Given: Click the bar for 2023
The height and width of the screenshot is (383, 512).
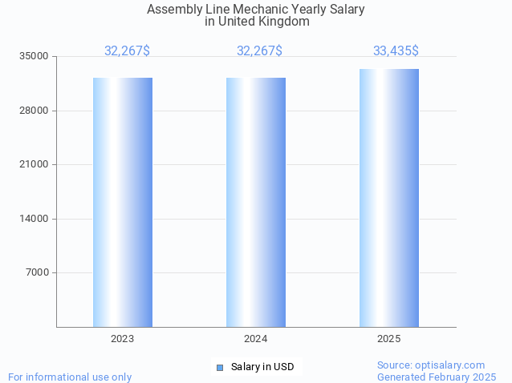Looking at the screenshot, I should point(123,202).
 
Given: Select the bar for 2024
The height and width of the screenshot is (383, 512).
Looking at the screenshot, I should point(256,202).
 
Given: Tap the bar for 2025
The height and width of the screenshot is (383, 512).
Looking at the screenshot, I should point(389,198).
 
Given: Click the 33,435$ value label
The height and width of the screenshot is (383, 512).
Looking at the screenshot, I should point(396,51).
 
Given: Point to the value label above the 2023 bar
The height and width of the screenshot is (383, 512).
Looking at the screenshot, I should point(127,51).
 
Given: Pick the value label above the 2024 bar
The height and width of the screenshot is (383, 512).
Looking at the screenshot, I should point(259,51).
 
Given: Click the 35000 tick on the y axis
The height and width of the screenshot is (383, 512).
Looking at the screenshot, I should point(35,57).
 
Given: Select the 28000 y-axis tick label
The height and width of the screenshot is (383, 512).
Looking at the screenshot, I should point(35,111).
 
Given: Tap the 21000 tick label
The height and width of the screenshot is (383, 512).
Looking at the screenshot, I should point(35,165).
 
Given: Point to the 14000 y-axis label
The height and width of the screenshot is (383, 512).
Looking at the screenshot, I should point(35,219).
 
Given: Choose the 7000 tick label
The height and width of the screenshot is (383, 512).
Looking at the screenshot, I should point(38,273).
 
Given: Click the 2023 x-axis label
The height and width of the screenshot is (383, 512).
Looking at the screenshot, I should point(123,340).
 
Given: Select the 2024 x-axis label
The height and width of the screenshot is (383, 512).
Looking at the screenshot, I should point(256,340).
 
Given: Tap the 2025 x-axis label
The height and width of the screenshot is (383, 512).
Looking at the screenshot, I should point(389,340).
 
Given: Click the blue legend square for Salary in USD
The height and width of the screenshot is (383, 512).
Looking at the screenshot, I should point(220,368).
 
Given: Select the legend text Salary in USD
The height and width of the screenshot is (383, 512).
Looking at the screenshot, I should point(262,367).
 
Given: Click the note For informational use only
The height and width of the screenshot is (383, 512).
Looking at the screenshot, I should point(70,377).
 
